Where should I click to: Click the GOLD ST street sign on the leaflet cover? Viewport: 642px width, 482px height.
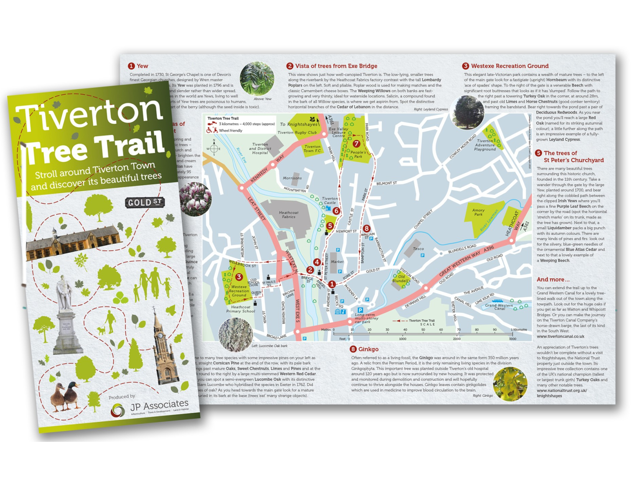click(145, 203)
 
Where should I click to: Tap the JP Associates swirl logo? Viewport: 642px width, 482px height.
click(118, 410)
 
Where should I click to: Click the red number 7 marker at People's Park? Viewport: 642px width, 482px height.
click(356, 144)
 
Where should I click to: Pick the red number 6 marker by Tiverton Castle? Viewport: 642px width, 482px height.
click(336, 211)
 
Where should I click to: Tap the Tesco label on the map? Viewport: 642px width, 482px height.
click(418, 249)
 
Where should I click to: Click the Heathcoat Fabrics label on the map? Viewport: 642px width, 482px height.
click(289, 215)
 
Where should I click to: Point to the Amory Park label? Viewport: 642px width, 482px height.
click(478, 212)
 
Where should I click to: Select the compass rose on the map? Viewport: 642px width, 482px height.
click(214, 148)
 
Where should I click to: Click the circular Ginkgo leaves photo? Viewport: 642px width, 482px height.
click(510, 384)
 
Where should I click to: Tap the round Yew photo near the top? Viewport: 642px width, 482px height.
click(257, 78)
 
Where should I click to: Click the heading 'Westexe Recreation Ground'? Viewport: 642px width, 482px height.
click(510, 66)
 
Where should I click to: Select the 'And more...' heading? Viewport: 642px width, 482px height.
click(553, 279)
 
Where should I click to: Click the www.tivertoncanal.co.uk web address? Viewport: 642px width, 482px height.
click(560, 336)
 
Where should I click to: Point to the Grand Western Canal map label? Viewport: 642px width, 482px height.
click(499, 307)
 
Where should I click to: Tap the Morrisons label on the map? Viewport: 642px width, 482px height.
click(292, 178)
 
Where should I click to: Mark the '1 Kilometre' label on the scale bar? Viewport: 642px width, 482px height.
click(519, 330)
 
